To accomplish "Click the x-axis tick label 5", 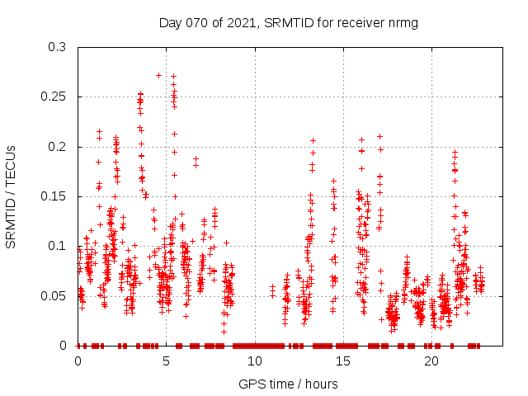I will pyautogui.click(x=166, y=361).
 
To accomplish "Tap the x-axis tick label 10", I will pyautogui.click(x=255, y=361).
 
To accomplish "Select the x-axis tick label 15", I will pyautogui.click(x=343, y=361).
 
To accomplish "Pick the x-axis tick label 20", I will pyautogui.click(x=432, y=361).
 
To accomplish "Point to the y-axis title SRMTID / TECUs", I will pyautogui.click(x=12, y=196).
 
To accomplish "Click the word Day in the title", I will pyautogui.click(x=169, y=22).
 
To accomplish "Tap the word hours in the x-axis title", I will pyautogui.click(x=321, y=384).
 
